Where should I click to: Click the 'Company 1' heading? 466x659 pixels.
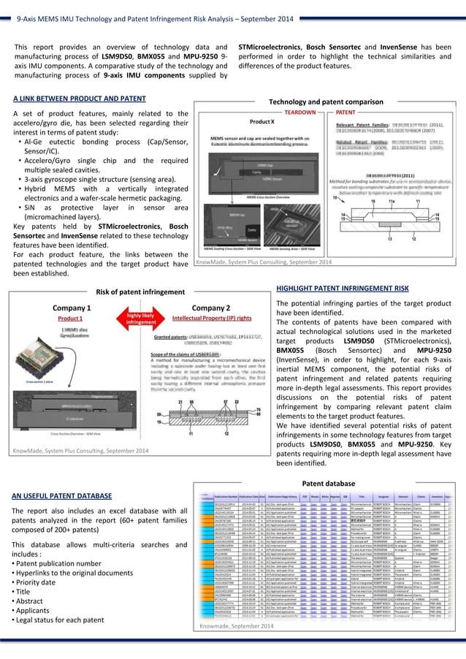71,308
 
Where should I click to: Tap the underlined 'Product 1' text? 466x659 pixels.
71,319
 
